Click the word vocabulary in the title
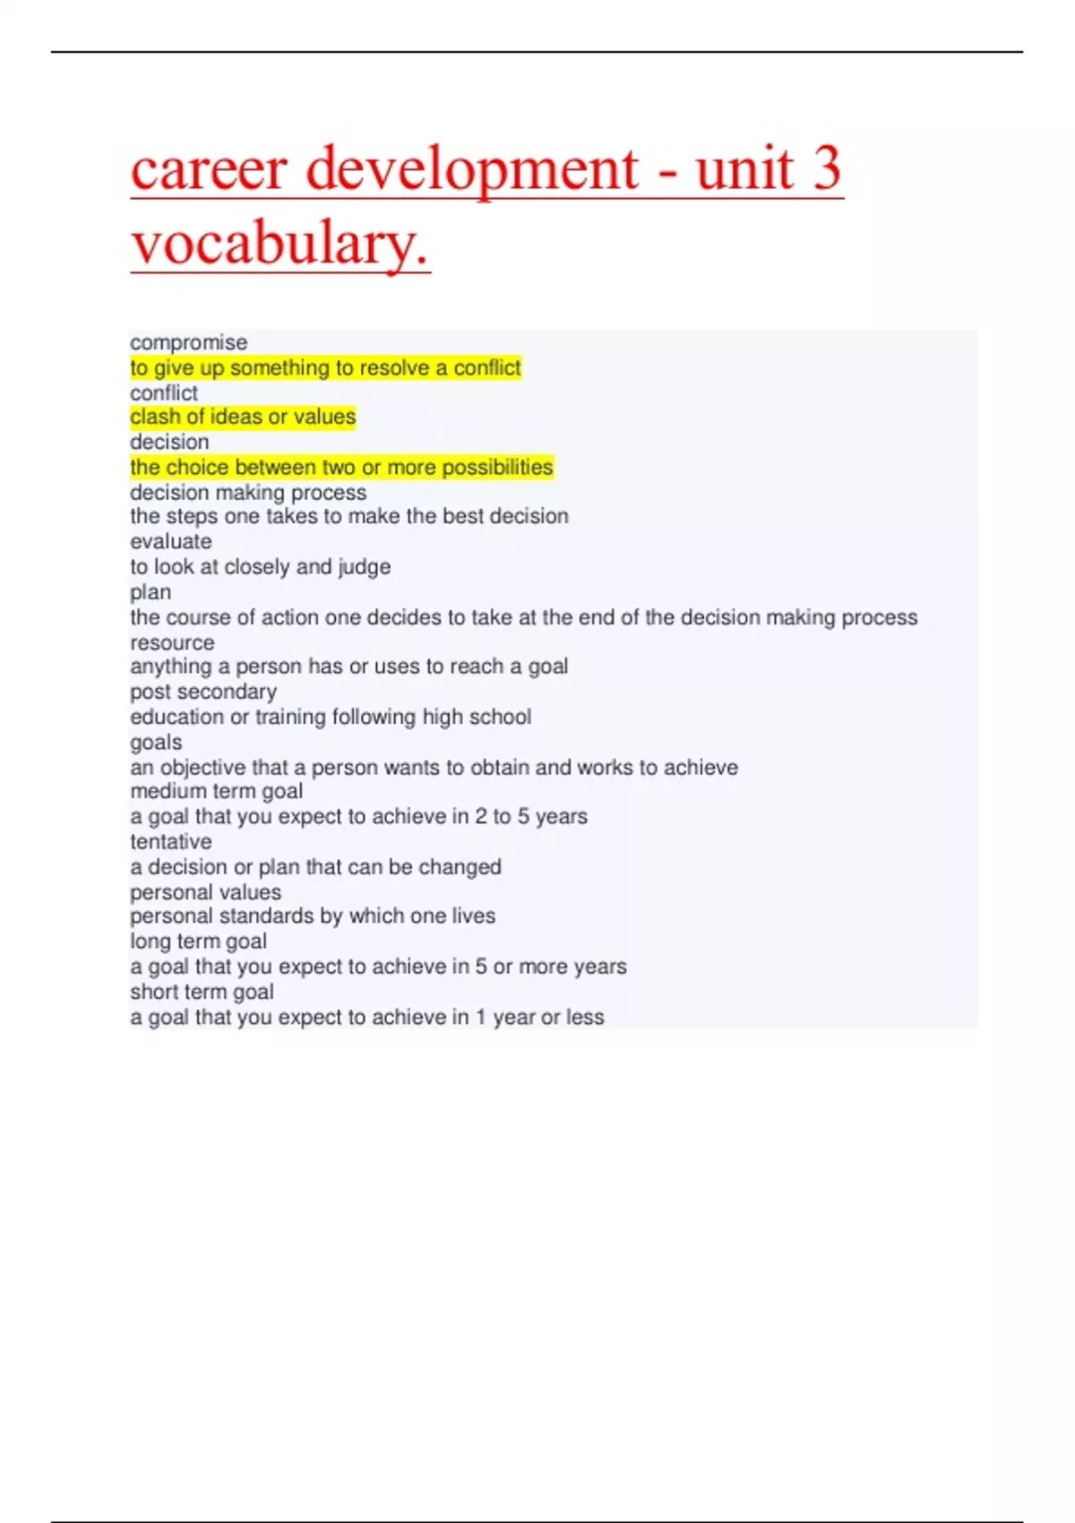pyautogui.click(x=279, y=243)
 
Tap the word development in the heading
pyautogui.click(x=472, y=168)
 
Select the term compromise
pyautogui.click(x=188, y=342)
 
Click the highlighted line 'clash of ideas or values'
pyautogui.click(x=243, y=417)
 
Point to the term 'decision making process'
pyautogui.click(x=248, y=493)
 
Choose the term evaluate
pyautogui.click(x=171, y=542)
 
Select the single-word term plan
pyautogui.click(x=150, y=592)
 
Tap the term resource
pyautogui.click(x=172, y=642)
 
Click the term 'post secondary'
pyautogui.click(x=203, y=692)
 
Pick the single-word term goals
pyautogui.click(x=156, y=742)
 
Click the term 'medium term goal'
pyautogui.click(x=216, y=791)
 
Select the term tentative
pyautogui.click(x=171, y=841)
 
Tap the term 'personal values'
pyautogui.click(x=205, y=892)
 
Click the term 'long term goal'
pyautogui.click(x=198, y=942)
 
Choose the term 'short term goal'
pyautogui.click(x=202, y=992)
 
